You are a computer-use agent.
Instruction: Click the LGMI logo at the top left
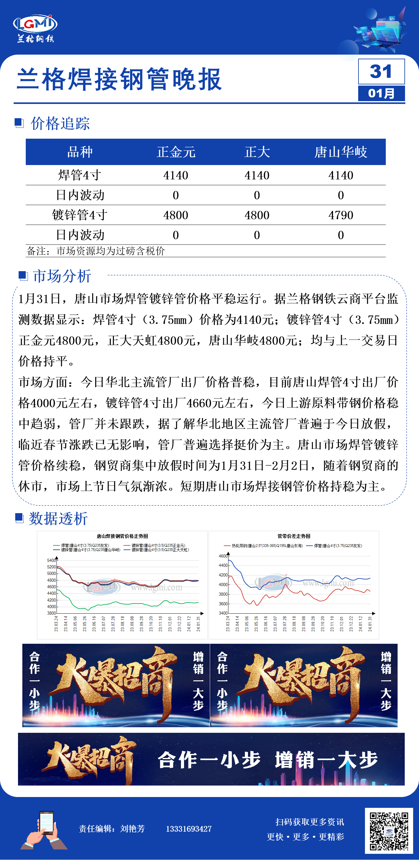(x=35, y=28)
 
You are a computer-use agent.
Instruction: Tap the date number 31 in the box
(x=381, y=71)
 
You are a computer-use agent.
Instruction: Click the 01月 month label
(x=381, y=93)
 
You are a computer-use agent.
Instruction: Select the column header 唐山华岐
(x=340, y=152)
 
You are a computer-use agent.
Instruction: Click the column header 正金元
(x=176, y=152)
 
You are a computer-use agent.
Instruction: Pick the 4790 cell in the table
(x=340, y=215)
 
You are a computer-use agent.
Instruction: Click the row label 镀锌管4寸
(x=80, y=215)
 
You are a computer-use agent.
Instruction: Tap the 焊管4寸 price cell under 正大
(x=257, y=176)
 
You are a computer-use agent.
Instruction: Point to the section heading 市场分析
(x=62, y=276)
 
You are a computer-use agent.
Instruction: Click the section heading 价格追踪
(x=60, y=124)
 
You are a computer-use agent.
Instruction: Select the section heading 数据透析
(x=58, y=518)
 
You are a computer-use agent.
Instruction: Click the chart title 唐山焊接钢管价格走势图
(x=122, y=536)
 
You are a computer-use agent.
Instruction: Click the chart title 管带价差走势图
(x=294, y=536)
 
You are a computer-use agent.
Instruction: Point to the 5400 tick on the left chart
(x=52, y=561)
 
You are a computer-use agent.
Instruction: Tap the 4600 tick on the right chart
(x=223, y=556)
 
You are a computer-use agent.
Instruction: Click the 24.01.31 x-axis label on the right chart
(x=370, y=624)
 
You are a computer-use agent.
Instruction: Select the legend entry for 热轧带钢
(x=264, y=546)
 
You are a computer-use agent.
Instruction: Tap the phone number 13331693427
(x=189, y=829)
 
